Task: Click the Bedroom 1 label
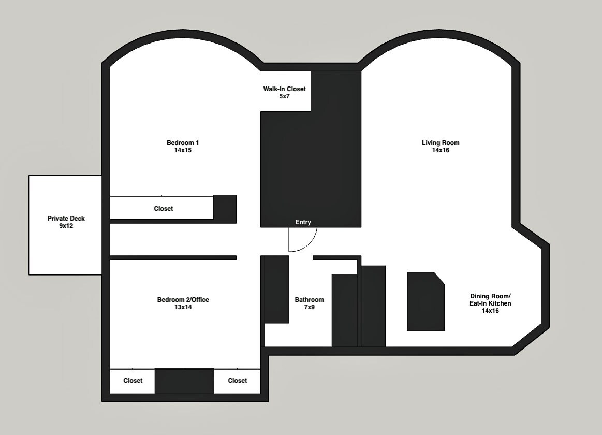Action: point(183,143)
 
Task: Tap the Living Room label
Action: point(441,143)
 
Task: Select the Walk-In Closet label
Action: point(284,89)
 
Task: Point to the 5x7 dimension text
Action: point(284,96)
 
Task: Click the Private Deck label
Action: point(66,219)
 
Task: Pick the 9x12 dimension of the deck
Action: point(66,226)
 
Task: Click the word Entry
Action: point(303,222)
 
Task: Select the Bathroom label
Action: point(310,300)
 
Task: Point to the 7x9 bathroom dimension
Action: point(310,307)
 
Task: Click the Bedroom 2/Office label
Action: point(183,300)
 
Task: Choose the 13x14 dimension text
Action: point(183,307)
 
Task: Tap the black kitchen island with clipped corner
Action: point(425,301)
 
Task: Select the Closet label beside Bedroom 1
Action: point(164,209)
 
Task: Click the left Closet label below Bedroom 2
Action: point(133,381)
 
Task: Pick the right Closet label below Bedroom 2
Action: point(238,381)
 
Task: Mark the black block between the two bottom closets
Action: point(185,381)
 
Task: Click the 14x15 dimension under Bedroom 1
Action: point(183,150)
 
